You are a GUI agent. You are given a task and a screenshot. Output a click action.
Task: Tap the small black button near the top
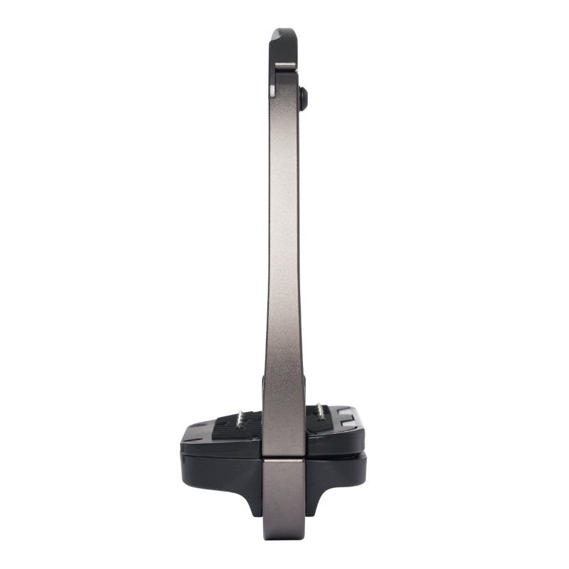tap(304, 97)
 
